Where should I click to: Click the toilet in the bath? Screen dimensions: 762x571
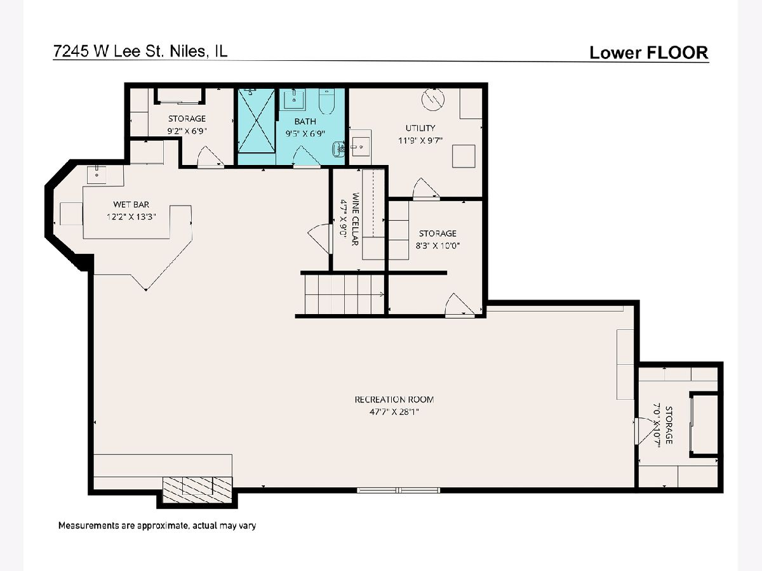326,102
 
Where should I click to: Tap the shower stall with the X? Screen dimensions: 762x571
256,120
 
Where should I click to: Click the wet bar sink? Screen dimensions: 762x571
97,174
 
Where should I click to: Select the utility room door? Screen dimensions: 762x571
426,189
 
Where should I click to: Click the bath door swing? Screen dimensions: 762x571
307,157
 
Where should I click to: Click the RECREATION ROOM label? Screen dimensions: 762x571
394,400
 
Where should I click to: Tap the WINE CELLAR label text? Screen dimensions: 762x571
355,219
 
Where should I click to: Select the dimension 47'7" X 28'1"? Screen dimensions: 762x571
394,412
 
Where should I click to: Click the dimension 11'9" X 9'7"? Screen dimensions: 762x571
420,140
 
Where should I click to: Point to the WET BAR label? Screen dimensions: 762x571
131,204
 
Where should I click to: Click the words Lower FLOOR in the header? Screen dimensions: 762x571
649,53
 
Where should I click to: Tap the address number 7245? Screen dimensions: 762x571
72,51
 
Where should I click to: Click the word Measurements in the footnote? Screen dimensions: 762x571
84,525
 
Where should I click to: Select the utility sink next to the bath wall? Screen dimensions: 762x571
360,143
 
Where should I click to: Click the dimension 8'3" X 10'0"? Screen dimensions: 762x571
438,246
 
